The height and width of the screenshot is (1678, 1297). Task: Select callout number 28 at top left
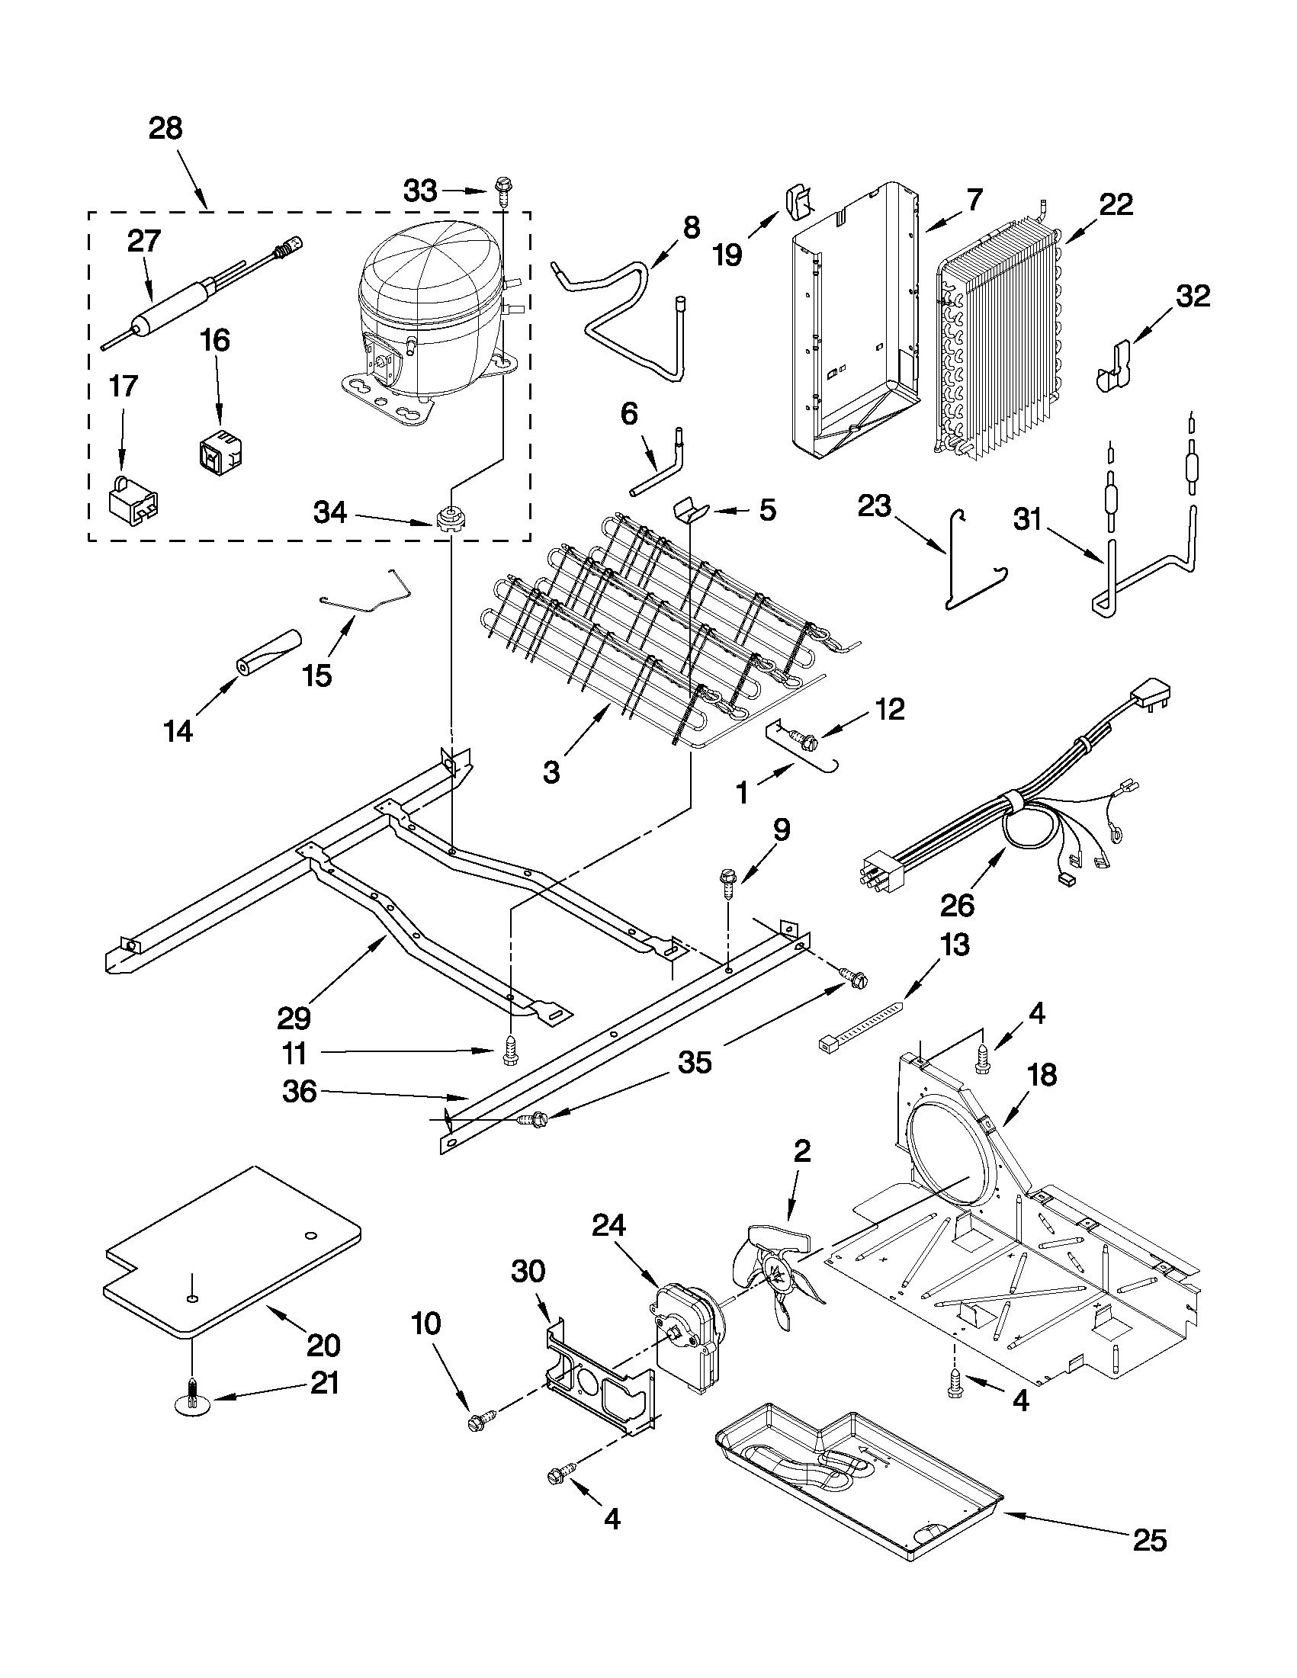pos(166,128)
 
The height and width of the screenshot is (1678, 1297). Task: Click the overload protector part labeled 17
pos(134,499)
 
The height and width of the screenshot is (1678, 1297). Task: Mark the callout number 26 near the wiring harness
pos(958,905)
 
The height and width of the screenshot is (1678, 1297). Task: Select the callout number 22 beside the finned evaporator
pos(1116,204)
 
